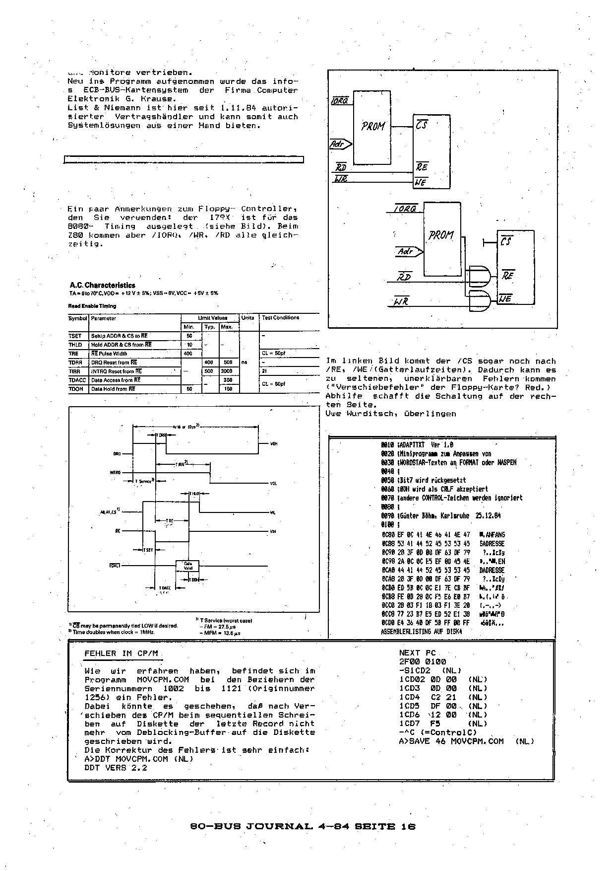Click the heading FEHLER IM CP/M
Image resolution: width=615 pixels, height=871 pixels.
pos(121,653)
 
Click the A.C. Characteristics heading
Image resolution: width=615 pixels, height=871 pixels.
pos(102,286)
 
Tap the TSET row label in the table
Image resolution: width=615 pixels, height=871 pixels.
pos(75,336)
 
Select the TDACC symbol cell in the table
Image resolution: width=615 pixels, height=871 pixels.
pos(77,380)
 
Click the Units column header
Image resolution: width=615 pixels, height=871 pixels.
pos(247,318)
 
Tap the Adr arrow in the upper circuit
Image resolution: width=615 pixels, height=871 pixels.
pos(341,145)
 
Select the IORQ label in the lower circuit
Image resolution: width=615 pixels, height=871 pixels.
pos(406,209)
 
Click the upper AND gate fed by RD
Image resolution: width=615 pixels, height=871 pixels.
pos(479,275)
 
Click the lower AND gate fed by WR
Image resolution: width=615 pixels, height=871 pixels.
pos(479,301)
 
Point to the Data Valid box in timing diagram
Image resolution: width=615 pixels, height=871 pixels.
pos(188,565)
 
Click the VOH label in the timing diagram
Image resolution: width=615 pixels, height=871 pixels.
pos(273,443)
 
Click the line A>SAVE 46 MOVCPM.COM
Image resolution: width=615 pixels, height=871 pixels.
pos(451,741)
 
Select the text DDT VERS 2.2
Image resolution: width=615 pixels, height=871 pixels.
pos(116,767)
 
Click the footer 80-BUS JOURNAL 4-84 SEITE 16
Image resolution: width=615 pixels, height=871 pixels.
pos(303,827)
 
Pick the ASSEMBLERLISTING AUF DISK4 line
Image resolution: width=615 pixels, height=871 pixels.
pos(421,632)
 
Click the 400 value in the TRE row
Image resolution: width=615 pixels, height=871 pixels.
pos(188,354)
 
